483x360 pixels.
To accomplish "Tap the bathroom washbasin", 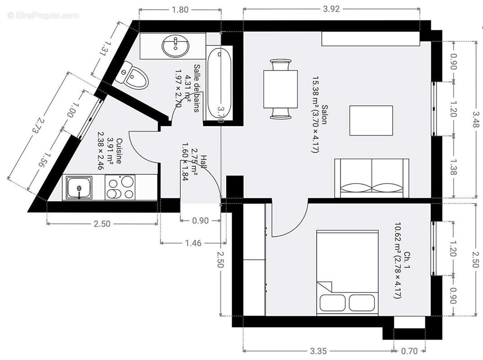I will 175,45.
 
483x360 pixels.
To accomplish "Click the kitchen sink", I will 79,188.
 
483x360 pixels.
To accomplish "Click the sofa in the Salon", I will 371,178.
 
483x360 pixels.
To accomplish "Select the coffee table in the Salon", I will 371,121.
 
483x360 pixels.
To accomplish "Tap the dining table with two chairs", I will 280,89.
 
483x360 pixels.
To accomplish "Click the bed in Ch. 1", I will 347,272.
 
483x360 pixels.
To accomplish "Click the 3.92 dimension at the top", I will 331,9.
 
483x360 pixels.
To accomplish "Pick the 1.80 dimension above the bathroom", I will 180,9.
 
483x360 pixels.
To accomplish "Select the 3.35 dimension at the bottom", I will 318,351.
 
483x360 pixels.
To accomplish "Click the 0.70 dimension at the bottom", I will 409,351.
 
